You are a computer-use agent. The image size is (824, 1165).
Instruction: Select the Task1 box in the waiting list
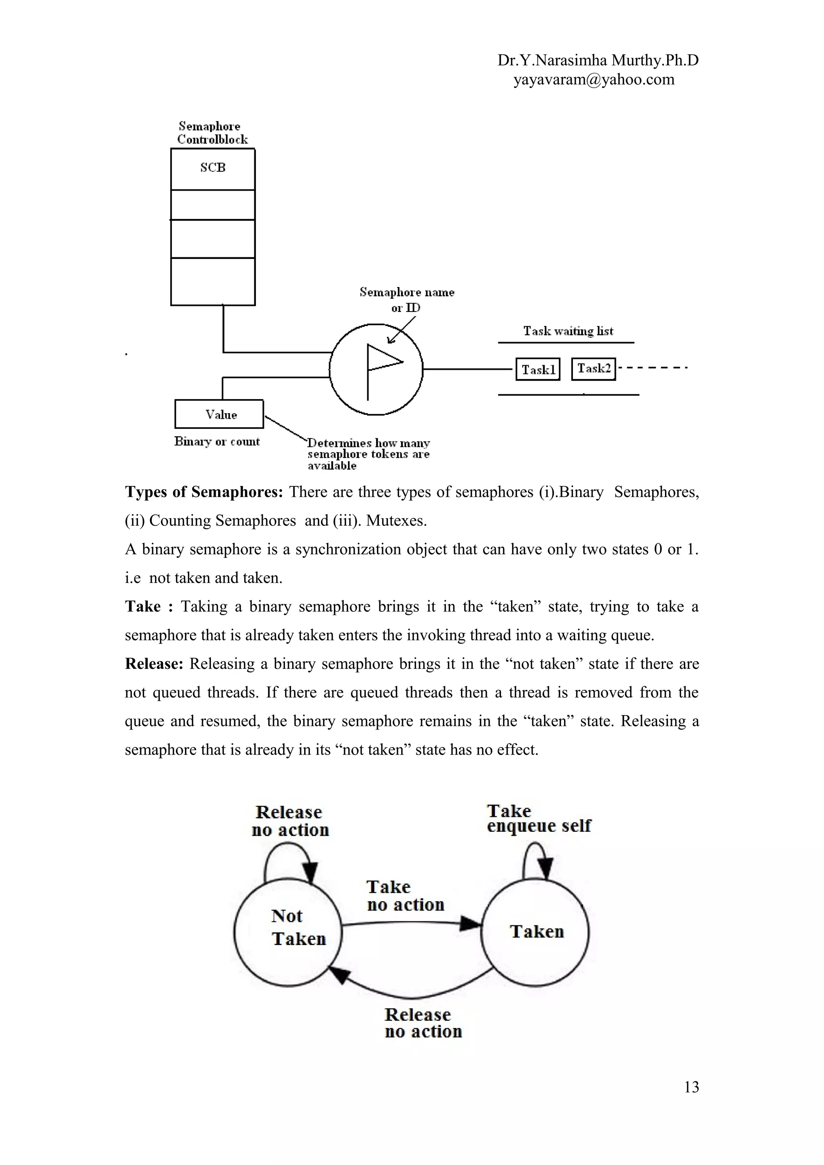coord(538,369)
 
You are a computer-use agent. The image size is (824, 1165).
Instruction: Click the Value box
coord(219,414)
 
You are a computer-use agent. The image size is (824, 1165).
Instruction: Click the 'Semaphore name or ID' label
coord(407,299)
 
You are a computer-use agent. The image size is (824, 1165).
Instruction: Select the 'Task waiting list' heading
coord(568,331)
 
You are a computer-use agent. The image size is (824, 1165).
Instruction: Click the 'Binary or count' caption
coord(217,441)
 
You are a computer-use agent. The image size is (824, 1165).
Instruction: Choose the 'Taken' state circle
coord(535,932)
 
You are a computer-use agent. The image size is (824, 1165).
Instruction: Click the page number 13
coord(691,1087)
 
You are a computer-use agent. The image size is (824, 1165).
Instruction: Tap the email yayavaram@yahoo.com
coord(593,80)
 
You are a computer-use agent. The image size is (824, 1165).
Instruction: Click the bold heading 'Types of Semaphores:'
coord(204,492)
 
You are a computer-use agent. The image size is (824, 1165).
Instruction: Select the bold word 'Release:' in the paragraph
coord(154,664)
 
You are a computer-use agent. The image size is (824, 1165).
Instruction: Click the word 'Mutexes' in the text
coord(395,521)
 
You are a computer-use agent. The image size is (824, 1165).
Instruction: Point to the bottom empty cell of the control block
coord(213,282)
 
